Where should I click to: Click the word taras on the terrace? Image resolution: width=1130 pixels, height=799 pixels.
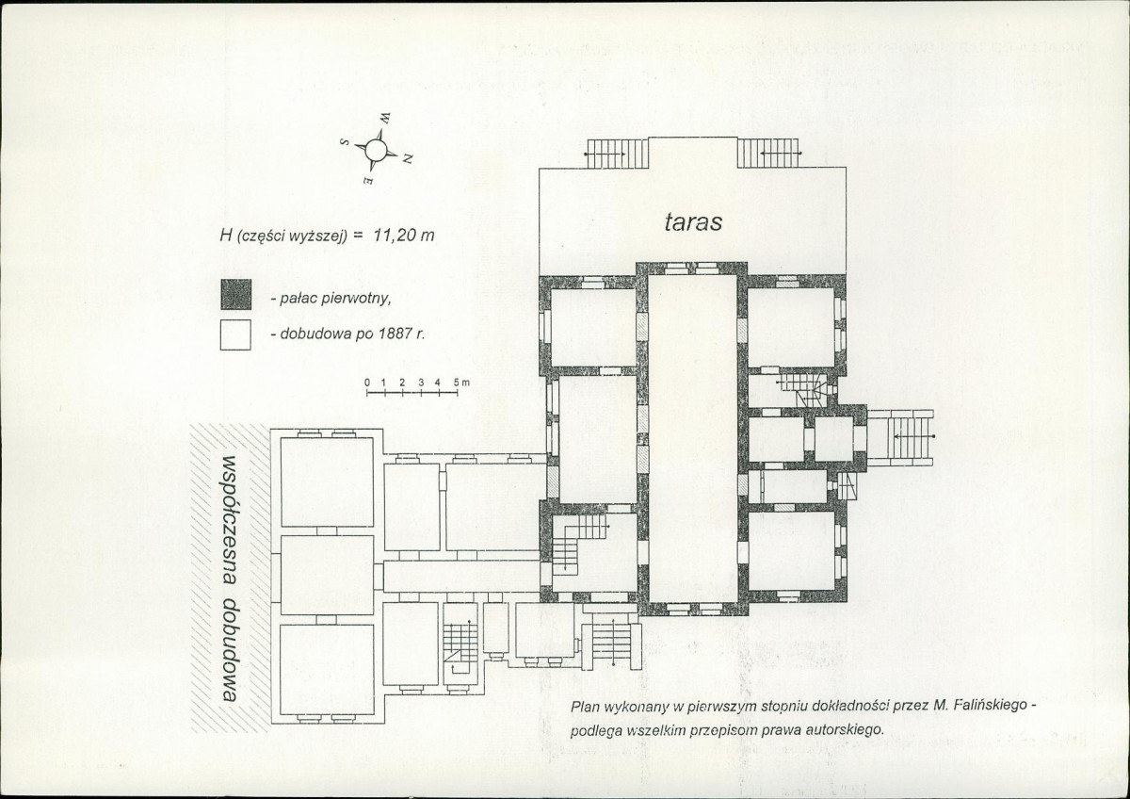(693, 222)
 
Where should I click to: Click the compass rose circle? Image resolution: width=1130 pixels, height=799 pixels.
(376, 150)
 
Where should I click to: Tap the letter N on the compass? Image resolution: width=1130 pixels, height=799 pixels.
(408, 159)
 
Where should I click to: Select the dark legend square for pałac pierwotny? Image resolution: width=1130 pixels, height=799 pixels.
(235, 294)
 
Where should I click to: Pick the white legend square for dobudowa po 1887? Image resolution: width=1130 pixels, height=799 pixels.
(235, 334)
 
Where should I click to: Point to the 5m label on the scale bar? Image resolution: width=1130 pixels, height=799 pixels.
(461, 383)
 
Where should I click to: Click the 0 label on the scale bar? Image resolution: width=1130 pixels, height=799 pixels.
(367, 383)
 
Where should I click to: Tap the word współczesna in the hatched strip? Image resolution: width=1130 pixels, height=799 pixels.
(229, 520)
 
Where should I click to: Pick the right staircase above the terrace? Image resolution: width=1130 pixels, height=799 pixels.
(768, 153)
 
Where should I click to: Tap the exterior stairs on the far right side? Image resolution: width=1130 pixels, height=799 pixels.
(900, 437)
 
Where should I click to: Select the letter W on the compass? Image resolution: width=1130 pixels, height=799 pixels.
(385, 118)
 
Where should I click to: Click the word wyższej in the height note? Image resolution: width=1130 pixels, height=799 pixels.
(322, 236)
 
